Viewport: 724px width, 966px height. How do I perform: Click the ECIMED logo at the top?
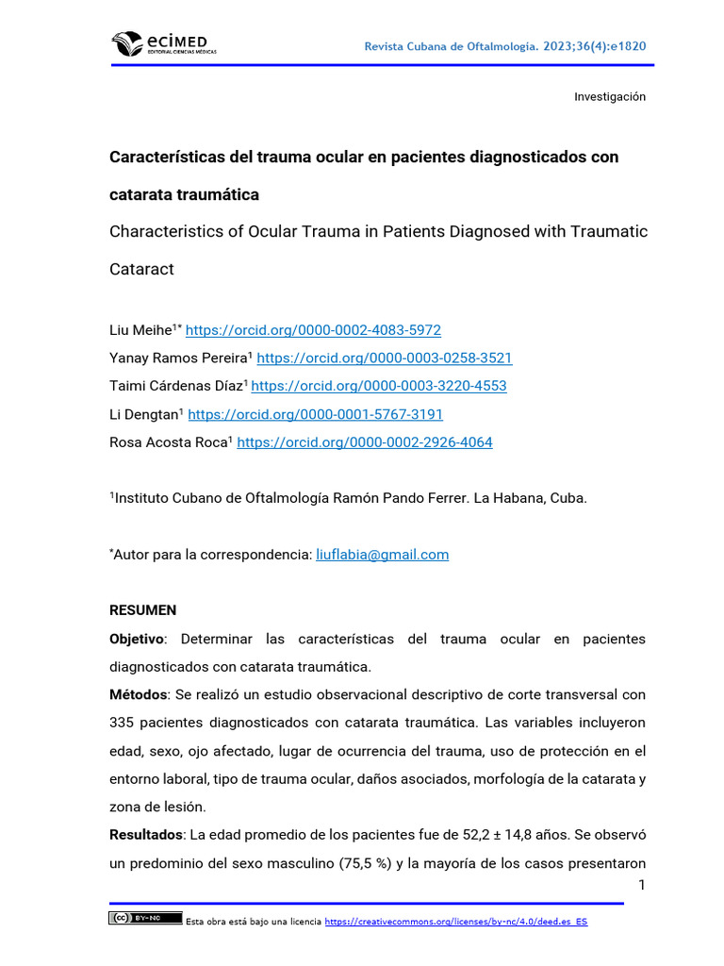[163, 43]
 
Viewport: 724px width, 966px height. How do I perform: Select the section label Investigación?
[610, 97]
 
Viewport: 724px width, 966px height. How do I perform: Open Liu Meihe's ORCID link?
[313, 330]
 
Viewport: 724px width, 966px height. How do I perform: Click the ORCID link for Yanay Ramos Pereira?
[384, 358]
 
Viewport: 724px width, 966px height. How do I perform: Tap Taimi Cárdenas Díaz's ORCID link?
[379, 386]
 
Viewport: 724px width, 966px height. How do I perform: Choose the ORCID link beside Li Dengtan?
[316, 414]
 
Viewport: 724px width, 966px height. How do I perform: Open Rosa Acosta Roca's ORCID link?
[364, 442]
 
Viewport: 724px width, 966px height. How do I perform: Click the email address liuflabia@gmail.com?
[382, 555]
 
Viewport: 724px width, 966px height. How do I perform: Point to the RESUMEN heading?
[143, 610]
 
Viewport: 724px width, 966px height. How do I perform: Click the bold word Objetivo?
[137, 639]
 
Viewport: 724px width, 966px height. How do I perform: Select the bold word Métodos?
[138, 695]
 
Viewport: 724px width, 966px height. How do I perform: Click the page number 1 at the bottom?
[642, 885]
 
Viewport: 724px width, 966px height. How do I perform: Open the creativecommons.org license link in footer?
[455, 922]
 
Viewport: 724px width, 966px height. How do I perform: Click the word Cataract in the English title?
[142, 269]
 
